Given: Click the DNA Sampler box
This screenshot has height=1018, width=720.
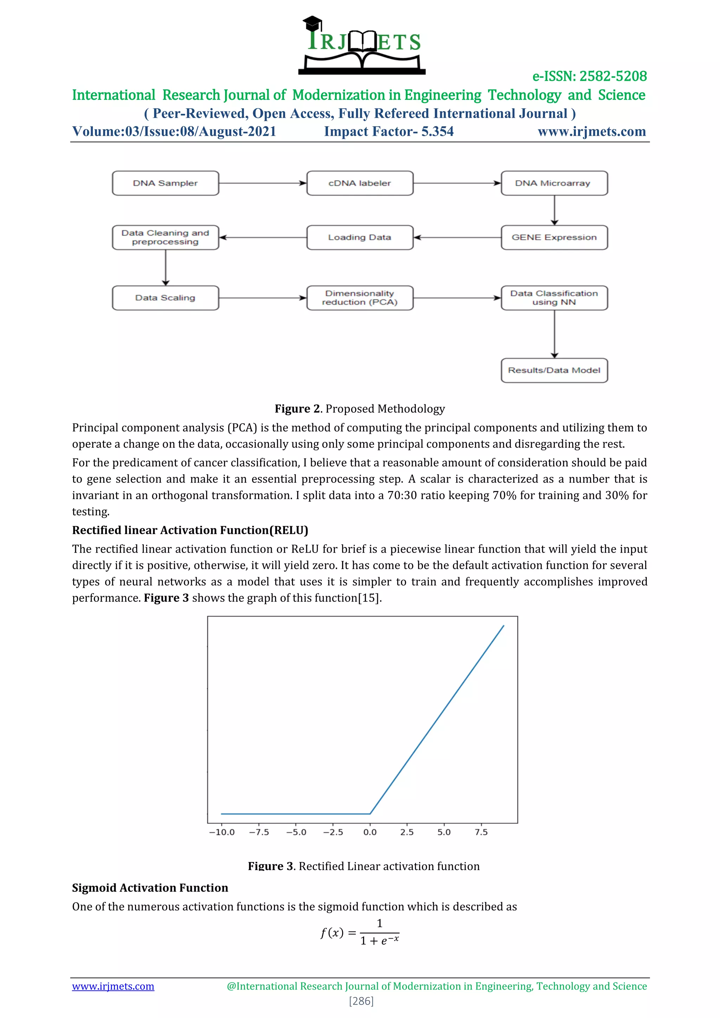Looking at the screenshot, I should click(x=165, y=183).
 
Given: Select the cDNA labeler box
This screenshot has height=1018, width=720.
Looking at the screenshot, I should click(x=360, y=183).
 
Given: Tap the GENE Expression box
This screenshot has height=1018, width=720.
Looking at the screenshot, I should click(x=554, y=237).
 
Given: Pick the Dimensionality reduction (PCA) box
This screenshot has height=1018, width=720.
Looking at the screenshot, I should click(x=360, y=297).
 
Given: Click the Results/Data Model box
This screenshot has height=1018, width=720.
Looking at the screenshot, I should click(x=554, y=370).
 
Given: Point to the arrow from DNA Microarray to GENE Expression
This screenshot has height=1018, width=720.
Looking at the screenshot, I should click(x=554, y=210).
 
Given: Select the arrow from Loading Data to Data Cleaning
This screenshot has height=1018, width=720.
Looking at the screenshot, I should click(x=263, y=237).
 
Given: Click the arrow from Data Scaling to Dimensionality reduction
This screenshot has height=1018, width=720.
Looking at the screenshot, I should click(x=263, y=297).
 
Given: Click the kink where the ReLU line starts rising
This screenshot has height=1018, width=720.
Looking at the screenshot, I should click(x=370, y=814).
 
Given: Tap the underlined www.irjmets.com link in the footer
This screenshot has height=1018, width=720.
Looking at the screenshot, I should click(x=113, y=986).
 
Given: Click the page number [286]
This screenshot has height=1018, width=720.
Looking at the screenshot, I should click(x=361, y=1001).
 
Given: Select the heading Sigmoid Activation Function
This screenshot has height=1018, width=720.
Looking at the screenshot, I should click(x=150, y=888).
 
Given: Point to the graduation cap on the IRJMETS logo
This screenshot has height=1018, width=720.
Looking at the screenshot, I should click(x=312, y=22).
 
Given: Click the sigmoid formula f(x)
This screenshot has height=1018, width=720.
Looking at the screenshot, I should click(x=360, y=933).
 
